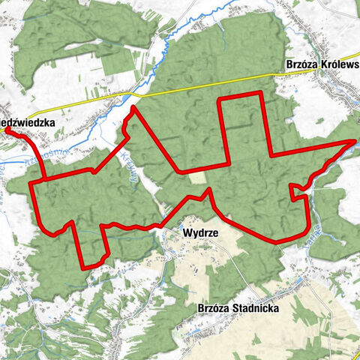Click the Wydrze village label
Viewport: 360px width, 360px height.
(200, 233)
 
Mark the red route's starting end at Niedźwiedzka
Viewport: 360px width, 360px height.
(7, 130)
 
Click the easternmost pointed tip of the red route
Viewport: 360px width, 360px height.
(355, 140)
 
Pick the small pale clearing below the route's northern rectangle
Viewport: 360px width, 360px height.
(196, 177)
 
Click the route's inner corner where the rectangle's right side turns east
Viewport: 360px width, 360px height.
(269, 156)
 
